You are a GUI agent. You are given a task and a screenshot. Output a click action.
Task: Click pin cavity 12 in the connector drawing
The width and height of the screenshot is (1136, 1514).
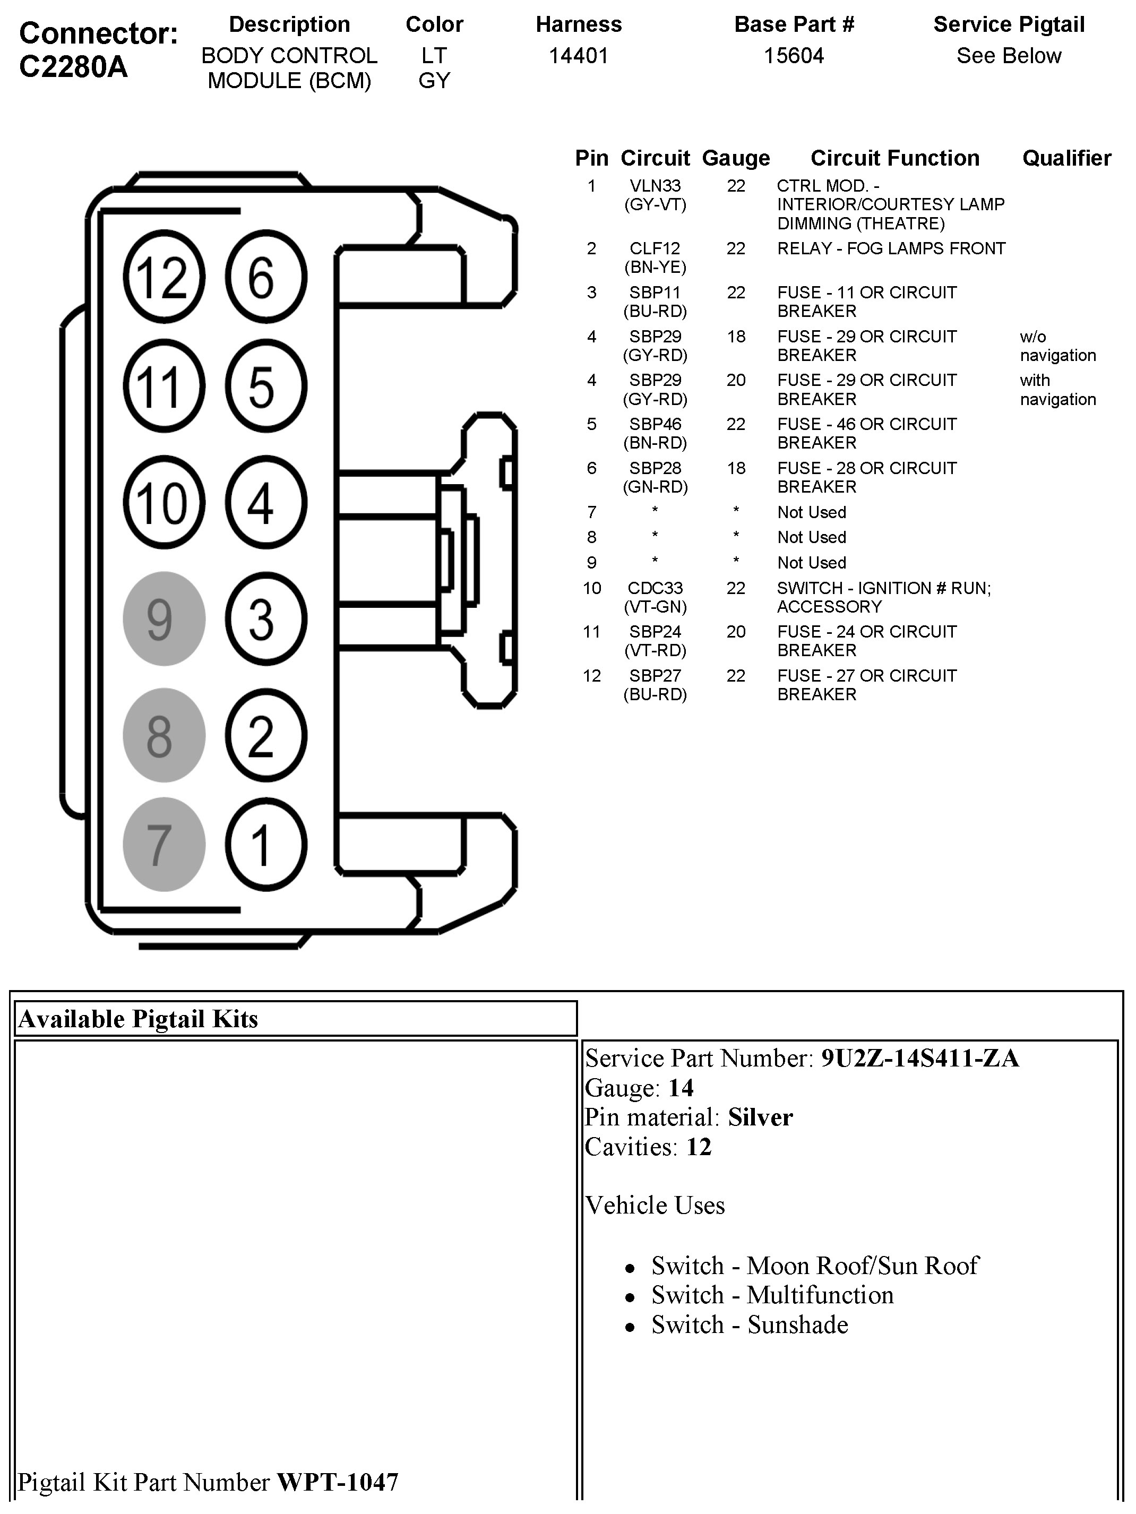pyautogui.click(x=163, y=277)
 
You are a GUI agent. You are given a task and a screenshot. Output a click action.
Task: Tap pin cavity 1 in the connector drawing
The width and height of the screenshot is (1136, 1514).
pyautogui.click(x=265, y=845)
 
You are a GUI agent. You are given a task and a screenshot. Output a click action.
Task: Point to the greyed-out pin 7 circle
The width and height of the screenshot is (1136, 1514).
pyautogui.click(x=163, y=845)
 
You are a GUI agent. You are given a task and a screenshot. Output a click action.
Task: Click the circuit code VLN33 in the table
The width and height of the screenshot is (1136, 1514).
pyautogui.click(x=655, y=186)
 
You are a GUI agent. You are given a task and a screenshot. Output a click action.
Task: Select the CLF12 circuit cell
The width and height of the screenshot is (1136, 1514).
pyautogui.click(x=655, y=249)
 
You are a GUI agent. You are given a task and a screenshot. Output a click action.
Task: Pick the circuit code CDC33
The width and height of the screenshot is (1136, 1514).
pyautogui.click(x=655, y=589)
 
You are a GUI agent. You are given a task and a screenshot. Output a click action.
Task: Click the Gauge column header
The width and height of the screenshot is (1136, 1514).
pyautogui.click(x=736, y=158)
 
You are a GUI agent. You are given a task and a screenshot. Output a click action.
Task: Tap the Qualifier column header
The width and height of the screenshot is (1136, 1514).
pyautogui.click(x=1066, y=158)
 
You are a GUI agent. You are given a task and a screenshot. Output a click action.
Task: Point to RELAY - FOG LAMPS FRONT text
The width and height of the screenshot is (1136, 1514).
pyautogui.click(x=891, y=249)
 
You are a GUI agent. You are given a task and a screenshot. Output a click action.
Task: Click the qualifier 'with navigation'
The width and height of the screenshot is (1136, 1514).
pyautogui.click(x=1057, y=390)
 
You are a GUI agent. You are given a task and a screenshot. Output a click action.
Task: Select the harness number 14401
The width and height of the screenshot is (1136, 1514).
pyautogui.click(x=578, y=55)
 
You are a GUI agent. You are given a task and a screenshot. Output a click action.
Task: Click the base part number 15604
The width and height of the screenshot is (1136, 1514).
pyautogui.click(x=794, y=55)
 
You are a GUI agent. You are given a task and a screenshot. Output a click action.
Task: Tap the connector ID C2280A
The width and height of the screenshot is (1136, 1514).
pyautogui.click(x=73, y=67)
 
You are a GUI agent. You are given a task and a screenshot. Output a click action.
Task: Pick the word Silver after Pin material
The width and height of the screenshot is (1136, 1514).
pyautogui.click(x=760, y=1117)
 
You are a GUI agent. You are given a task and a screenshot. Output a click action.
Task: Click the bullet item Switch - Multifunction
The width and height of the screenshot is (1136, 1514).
pyautogui.click(x=772, y=1295)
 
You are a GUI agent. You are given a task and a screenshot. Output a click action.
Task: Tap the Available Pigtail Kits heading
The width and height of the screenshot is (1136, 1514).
pyautogui.click(x=138, y=1019)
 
